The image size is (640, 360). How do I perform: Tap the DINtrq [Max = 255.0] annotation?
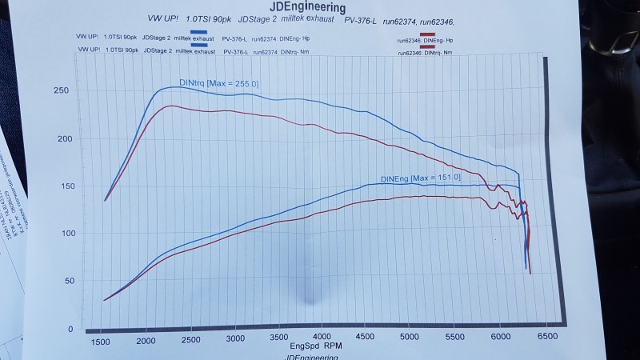218,83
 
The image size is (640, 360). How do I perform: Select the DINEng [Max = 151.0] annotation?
422,178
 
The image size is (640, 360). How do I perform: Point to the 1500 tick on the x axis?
102,342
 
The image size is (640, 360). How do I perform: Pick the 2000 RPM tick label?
146,341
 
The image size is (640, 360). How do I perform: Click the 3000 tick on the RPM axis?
234,340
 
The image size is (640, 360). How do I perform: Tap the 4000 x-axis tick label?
322,339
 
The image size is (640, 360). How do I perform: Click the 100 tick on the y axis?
63,234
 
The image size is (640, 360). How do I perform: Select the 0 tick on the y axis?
70,329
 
